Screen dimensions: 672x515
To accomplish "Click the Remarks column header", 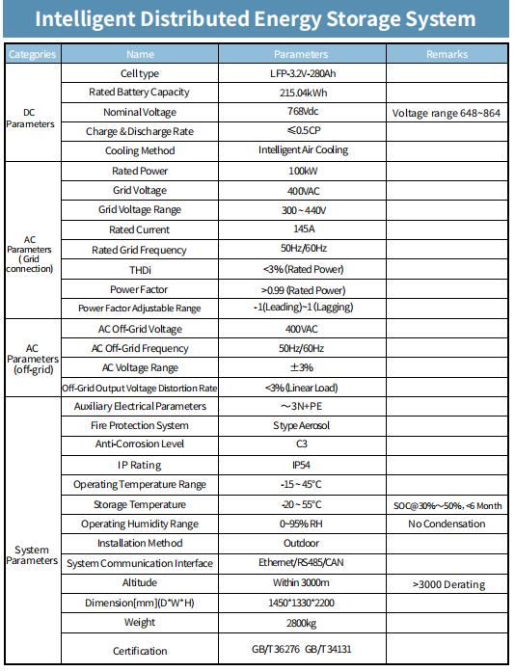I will click(x=447, y=54).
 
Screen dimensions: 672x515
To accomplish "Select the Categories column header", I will click(x=32, y=54).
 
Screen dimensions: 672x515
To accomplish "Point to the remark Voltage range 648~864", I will click(x=447, y=113).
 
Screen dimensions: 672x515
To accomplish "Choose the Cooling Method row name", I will click(x=140, y=150).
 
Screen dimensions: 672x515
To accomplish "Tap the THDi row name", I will click(x=140, y=269).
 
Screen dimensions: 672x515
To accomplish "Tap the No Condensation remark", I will click(x=447, y=524).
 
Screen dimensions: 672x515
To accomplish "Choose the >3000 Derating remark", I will click(x=447, y=584).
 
